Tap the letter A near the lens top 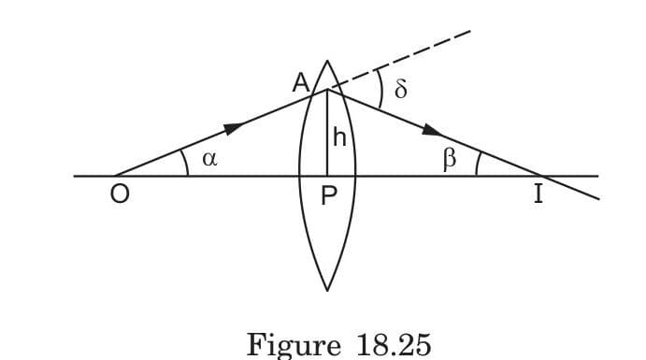[x=301, y=83]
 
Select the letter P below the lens [x=328, y=199]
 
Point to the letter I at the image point [x=538, y=197]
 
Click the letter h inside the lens [x=339, y=138]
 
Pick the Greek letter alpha [x=209, y=159]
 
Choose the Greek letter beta [x=450, y=158]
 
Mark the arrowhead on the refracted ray [x=433, y=130]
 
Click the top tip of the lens [x=327, y=61]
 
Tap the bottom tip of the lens [x=327, y=290]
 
